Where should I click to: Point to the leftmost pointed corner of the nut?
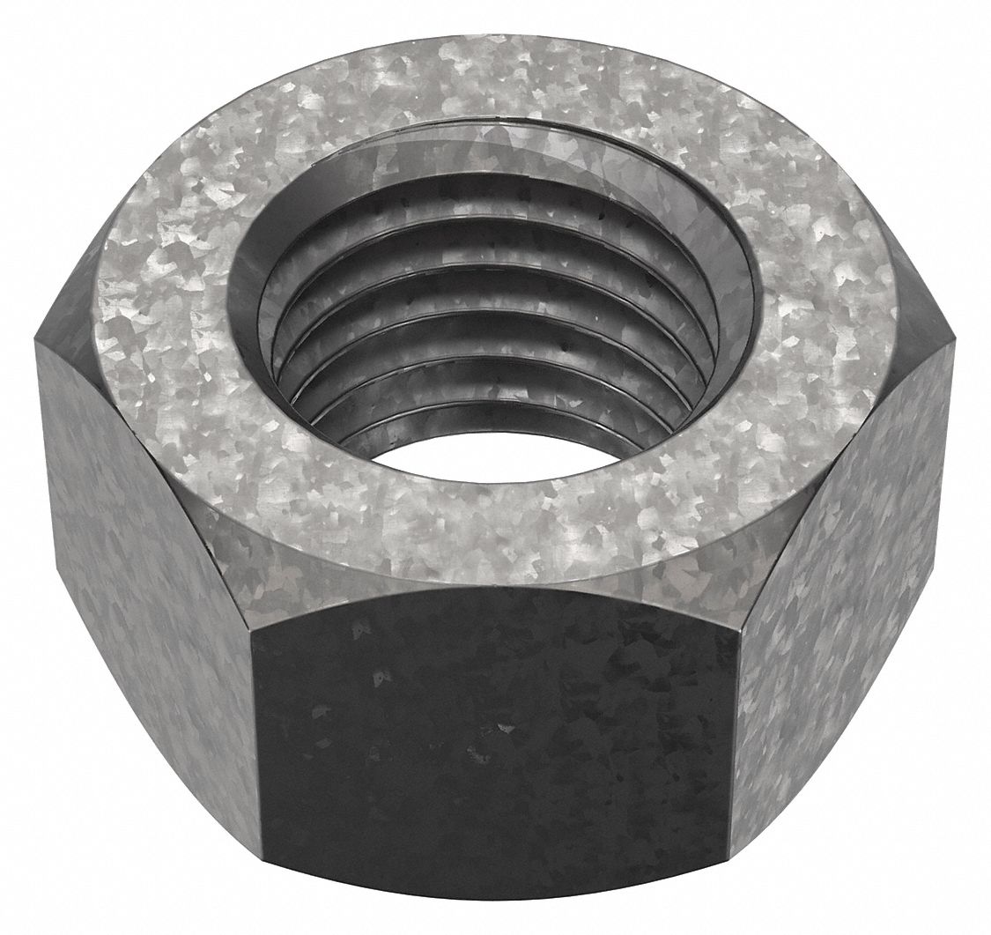click(38, 339)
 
